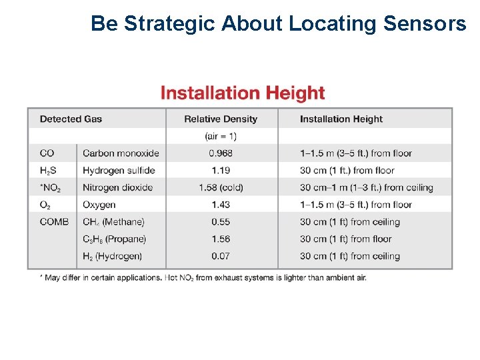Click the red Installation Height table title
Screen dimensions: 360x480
pyautogui.click(x=243, y=93)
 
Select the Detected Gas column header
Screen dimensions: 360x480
pyautogui.click(x=71, y=119)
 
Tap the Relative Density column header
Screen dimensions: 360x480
pyautogui.click(x=221, y=119)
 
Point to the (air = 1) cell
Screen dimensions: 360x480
pyautogui.click(x=221, y=137)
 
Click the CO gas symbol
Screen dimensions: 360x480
pyautogui.click(x=47, y=153)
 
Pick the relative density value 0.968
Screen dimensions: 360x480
pyautogui.click(x=221, y=153)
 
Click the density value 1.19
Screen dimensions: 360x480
pyautogui.click(x=221, y=171)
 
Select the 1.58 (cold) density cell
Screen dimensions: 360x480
pyautogui.click(x=221, y=188)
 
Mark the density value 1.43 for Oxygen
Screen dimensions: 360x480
pyautogui.click(x=221, y=205)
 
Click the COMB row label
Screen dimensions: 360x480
pyautogui.click(x=54, y=222)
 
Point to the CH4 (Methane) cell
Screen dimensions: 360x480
pyautogui.click(x=113, y=222)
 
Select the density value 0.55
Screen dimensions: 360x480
pyautogui.click(x=221, y=222)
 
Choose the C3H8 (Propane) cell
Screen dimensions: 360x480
pyautogui.click(x=114, y=239)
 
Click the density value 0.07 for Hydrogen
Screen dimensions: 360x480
pyautogui.click(x=221, y=256)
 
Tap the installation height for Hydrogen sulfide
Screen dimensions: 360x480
pyautogui.click(x=347, y=171)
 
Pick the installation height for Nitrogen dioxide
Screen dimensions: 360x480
pyautogui.click(x=366, y=188)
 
